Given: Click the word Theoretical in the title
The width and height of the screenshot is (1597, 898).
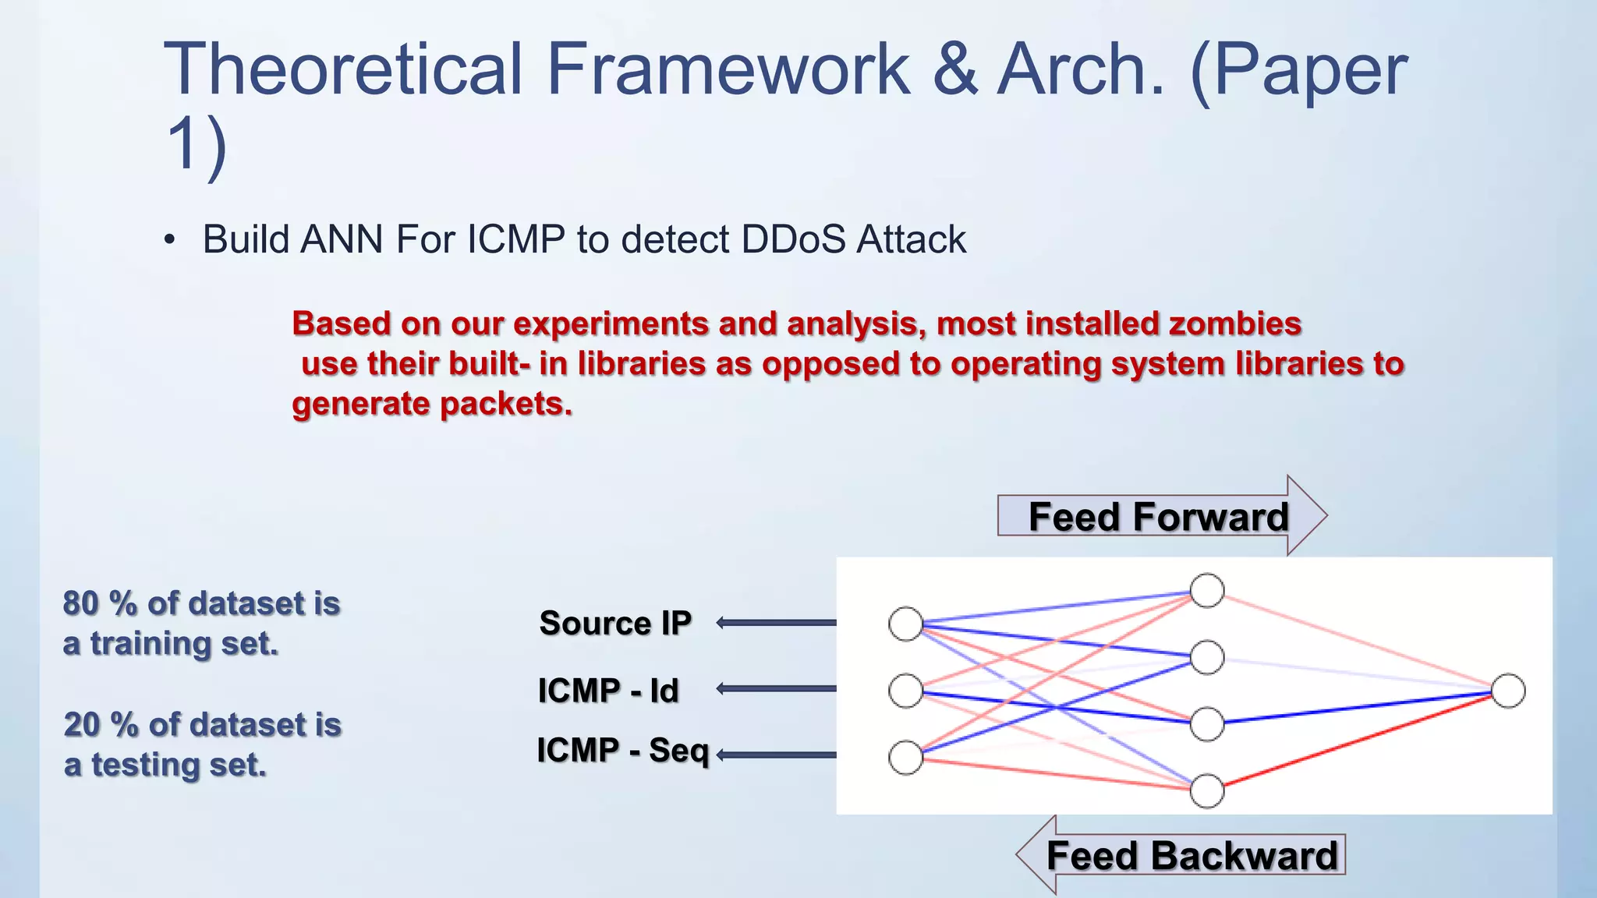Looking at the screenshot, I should click(x=343, y=70).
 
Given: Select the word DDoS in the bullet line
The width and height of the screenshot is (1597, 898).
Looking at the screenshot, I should click(x=793, y=239).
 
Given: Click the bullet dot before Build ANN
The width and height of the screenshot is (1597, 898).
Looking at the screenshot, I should click(x=170, y=240).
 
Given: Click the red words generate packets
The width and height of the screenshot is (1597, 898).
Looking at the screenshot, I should click(x=432, y=404).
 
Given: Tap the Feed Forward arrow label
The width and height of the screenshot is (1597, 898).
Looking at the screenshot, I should click(x=1158, y=517).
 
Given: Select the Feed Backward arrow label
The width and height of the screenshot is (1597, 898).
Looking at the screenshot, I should click(x=1192, y=855).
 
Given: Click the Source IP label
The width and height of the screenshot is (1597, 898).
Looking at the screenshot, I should click(x=615, y=623).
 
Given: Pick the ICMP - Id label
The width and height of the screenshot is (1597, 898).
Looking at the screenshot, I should click(x=608, y=691).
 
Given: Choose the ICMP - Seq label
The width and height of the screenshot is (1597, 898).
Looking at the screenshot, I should click(x=622, y=751).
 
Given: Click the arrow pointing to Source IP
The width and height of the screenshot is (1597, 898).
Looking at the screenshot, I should click(x=776, y=622).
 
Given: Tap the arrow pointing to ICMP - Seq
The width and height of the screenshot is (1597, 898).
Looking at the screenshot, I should click(x=776, y=755).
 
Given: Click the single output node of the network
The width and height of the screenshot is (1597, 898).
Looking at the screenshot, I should click(x=1508, y=691).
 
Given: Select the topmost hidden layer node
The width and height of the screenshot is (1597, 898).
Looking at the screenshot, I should click(x=1207, y=590).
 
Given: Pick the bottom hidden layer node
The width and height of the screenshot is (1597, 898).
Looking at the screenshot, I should click(x=1207, y=791).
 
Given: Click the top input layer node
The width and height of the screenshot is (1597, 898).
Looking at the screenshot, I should click(x=905, y=624).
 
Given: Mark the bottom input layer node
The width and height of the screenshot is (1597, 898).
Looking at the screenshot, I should click(x=905, y=758).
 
